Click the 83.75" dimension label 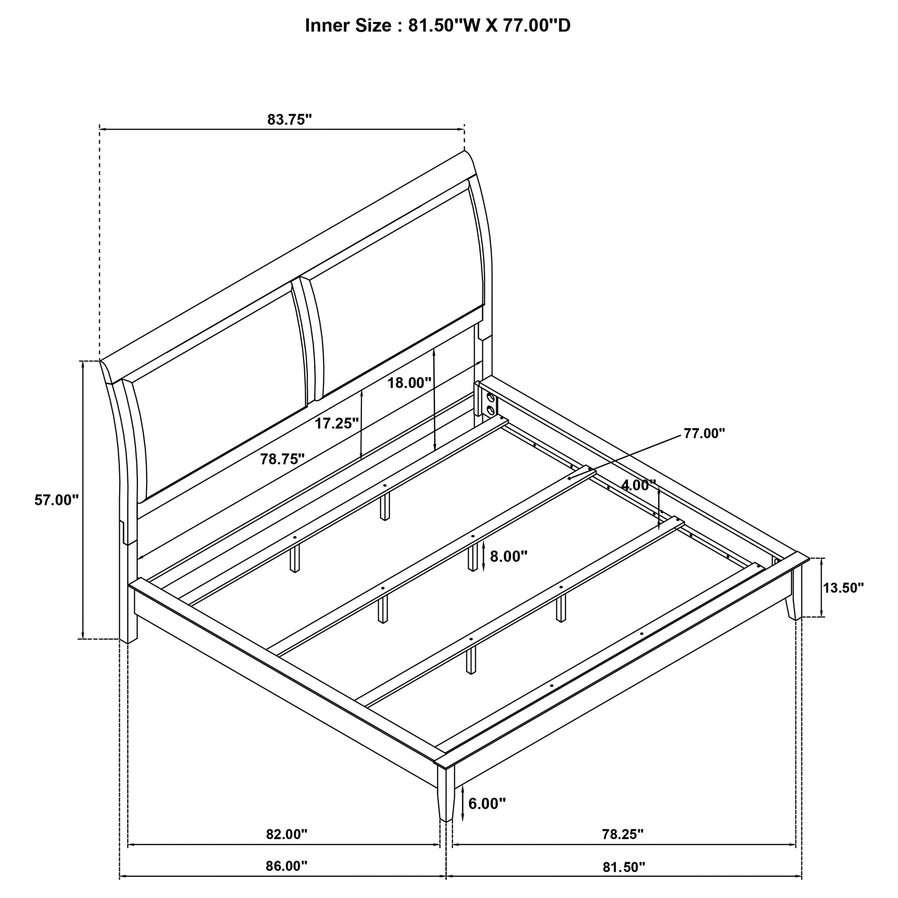click(289, 120)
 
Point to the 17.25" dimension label click(337, 423)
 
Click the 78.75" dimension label click(282, 459)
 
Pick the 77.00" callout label click(704, 434)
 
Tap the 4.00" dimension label click(639, 485)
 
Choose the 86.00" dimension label click(287, 879)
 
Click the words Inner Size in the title click(348, 26)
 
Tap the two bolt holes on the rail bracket click(490, 404)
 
